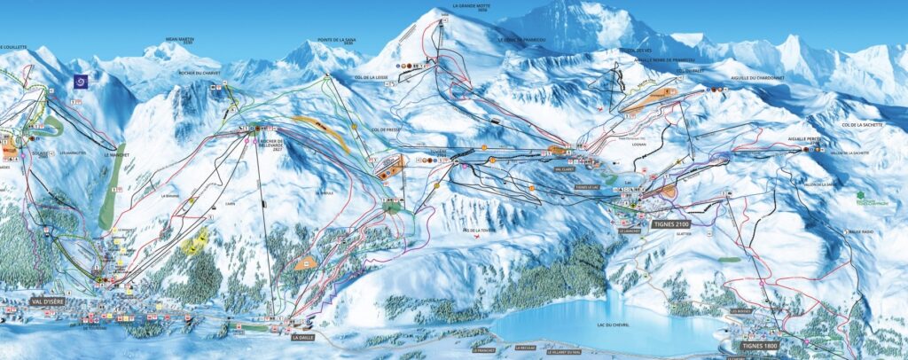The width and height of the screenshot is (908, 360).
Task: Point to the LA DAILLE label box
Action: tap(303, 337)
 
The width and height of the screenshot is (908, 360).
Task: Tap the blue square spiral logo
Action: tap(81, 81)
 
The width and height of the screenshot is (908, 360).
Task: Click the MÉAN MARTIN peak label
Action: tap(180, 41)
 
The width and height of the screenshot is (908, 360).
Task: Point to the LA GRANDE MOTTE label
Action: tap(471, 5)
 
